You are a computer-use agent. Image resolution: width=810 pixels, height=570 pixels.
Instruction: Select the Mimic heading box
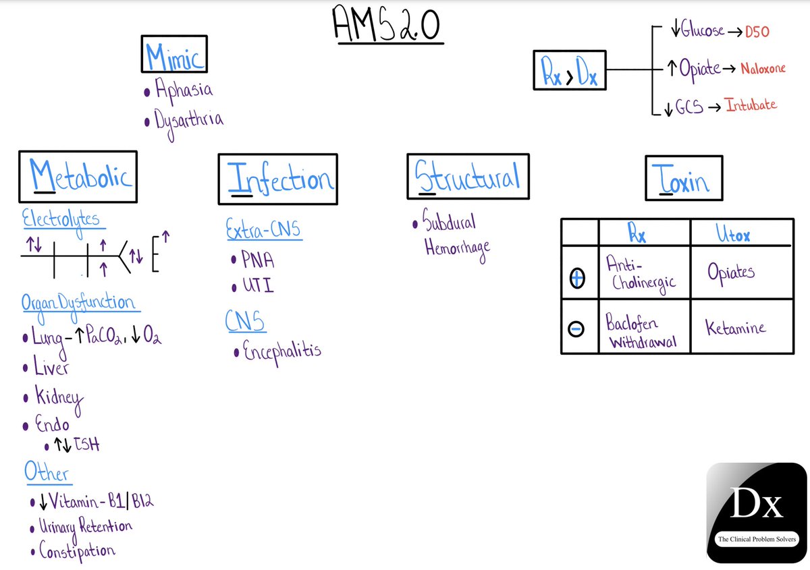point(174,55)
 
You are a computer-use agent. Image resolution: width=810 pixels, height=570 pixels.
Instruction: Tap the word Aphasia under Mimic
point(184,90)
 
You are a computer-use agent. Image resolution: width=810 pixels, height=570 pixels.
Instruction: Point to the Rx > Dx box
point(568,69)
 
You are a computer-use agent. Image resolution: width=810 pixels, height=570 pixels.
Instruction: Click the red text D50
point(756,32)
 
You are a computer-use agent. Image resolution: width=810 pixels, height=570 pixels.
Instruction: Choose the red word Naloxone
point(763,69)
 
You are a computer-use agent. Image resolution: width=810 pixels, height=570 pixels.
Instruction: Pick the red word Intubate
point(751,105)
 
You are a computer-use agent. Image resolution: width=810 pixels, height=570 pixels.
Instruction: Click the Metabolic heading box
point(78,177)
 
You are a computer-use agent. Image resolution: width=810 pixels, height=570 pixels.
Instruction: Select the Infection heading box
point(277,179)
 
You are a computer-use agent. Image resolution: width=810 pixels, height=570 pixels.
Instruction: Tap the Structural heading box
point(468,177)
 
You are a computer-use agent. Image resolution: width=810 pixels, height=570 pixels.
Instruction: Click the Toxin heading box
point(683,177)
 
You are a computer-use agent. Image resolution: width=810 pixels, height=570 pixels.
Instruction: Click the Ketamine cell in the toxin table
point(736,329)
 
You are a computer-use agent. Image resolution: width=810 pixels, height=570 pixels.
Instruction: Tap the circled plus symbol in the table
point(577,277)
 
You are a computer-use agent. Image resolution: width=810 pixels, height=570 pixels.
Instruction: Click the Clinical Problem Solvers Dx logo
point(756,513)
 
